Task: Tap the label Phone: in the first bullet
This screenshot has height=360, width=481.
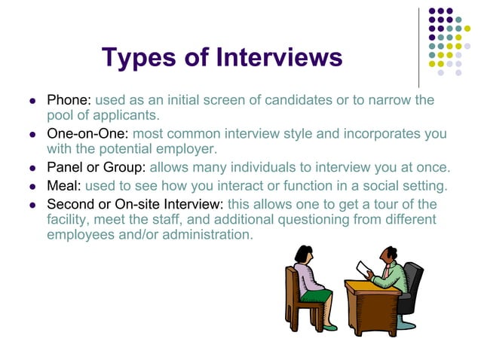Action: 69,100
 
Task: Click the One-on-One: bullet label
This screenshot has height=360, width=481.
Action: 87,134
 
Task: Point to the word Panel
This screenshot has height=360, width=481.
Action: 66,167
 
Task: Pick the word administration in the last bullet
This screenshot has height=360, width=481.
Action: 203,234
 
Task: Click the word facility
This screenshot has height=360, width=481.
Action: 69,219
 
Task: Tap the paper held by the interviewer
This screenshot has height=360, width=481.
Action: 364,268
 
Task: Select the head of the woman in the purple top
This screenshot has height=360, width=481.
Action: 305,254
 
